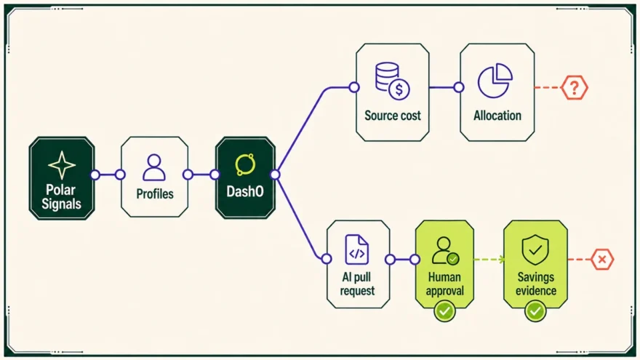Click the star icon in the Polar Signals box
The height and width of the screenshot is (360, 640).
point(62,165)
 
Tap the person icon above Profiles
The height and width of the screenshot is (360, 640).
point(154,167)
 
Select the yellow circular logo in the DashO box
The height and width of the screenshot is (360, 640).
point(245,164)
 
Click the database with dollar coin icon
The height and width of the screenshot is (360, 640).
point(393,81)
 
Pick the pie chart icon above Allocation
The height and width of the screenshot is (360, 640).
point(495,81)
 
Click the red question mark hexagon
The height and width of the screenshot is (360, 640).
point(575,87)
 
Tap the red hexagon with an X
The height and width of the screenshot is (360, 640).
point(602,259)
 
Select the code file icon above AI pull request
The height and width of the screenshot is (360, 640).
point(357,249)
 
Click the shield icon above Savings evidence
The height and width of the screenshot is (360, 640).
point(535,249)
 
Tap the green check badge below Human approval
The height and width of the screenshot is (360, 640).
point(444,311)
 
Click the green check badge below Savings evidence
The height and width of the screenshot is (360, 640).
point(535,311)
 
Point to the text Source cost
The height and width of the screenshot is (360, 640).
point(392,116)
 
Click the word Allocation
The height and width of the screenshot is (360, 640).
point(497,116)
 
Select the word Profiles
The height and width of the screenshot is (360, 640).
point(155,193)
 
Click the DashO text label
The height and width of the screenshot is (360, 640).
point(245,191)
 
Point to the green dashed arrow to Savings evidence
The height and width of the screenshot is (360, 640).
point(489,259)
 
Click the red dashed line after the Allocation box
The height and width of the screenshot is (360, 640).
point(548,87)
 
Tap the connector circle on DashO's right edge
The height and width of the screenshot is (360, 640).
point(275,175)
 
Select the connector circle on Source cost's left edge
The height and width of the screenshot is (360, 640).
point(354,87)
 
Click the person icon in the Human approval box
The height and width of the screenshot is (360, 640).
point(445,250)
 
